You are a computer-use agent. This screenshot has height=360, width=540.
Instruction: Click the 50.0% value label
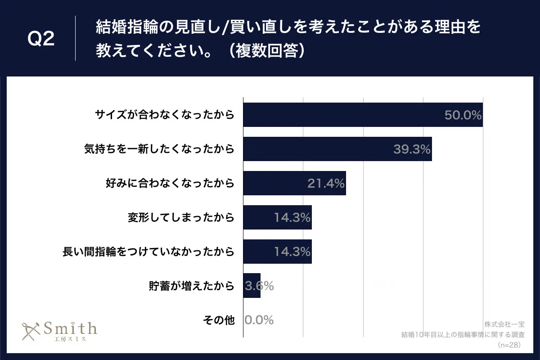click(463, 115)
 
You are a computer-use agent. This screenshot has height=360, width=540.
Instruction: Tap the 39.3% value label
click(412, 149)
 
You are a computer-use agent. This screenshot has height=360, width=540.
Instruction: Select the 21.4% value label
click(326, 183)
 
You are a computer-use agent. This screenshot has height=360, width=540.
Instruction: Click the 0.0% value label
click(259, 320)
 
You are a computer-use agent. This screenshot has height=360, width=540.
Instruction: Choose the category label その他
click(219, 320)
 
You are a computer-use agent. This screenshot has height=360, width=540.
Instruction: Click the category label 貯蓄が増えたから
click(192, 286)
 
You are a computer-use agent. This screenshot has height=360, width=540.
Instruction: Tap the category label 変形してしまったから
click(181, 217)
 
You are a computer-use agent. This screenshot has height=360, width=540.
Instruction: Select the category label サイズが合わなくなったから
click(165, 115)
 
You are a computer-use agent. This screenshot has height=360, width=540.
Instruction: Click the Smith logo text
click(70, 328)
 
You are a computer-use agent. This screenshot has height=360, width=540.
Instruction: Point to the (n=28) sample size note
click(509, 345)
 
